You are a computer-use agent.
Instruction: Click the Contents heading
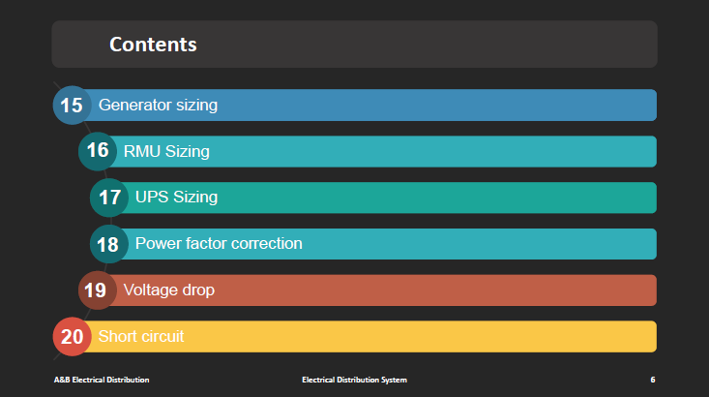coord(153,45)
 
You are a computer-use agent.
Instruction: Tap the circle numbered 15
coord(72,105)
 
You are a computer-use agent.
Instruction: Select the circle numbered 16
coord(98,151)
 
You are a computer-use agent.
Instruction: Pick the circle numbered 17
coord(109,198)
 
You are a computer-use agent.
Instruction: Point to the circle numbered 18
coord(109,244)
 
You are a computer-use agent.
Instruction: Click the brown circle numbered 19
coord(98,290)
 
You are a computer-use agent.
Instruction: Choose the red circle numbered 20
coord(72,336)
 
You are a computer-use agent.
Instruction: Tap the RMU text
coord(142,151)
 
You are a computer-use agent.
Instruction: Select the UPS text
coord(152,197)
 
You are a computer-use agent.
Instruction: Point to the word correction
coord(266,244)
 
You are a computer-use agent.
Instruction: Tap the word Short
coord(115,336)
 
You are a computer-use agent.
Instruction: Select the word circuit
coord(160,336)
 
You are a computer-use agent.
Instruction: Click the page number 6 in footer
coord(653,380)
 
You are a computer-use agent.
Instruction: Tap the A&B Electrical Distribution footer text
coord(102,380)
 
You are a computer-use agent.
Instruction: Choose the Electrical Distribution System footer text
coord(354,380)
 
